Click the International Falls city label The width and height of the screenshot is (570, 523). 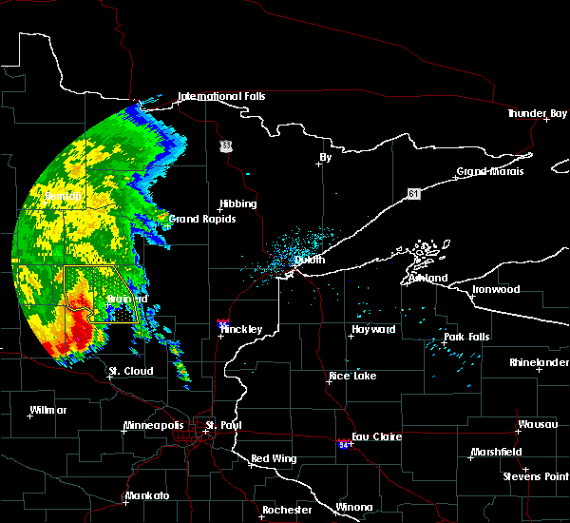pyautogui.click(x=221, y=96)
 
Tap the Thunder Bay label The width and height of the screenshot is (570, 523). pyautogui.click(x=537, y=113)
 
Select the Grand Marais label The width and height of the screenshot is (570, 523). pyautogui.click(x=490, y=172)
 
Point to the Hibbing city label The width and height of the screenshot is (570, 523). pyautogui.click(x=237, y=203)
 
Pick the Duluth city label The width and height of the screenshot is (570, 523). pyautogui.click(x=310, y=259)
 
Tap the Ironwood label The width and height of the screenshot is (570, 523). pyautogui.click(x=497, y=289)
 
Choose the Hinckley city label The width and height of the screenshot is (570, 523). pyautogui.click(x=242, y=329)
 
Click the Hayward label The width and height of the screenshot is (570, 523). pyautogui.click(x=373, y=329)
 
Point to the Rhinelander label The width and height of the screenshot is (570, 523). pyautogui.click(x=537, y=362)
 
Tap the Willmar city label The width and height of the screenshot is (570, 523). pyautogui.click(x=48, y=410)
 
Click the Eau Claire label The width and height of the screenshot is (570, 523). pyautogui.click(x=376, y=436)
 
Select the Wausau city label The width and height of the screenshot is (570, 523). pyautogui.click(x=537, y=424)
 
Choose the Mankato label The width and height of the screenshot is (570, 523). pyautogui.click(x=147, y=496)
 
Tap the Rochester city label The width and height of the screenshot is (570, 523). pyautogui.click(x=287, y=510)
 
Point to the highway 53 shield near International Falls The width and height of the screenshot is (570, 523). pyautogui.click(x=225, y=145)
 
